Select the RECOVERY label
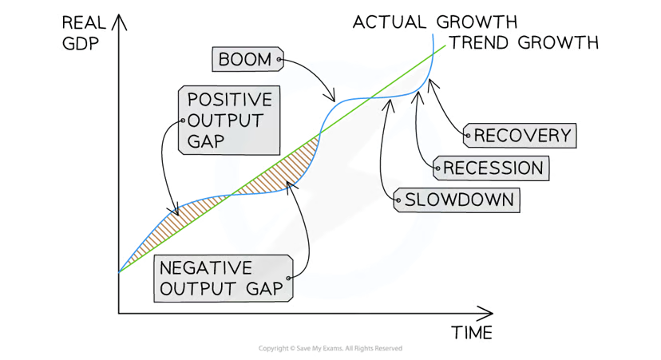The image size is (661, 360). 523,136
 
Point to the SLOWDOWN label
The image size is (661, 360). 459,200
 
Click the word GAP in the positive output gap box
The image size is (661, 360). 206,141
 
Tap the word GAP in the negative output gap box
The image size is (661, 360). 263,288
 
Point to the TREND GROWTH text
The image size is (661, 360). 527,42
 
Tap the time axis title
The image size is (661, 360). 476,330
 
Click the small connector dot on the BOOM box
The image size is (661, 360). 279,58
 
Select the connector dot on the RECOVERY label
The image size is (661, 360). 467,136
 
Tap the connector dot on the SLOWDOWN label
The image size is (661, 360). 398,200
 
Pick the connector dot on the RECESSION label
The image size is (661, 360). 437,168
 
